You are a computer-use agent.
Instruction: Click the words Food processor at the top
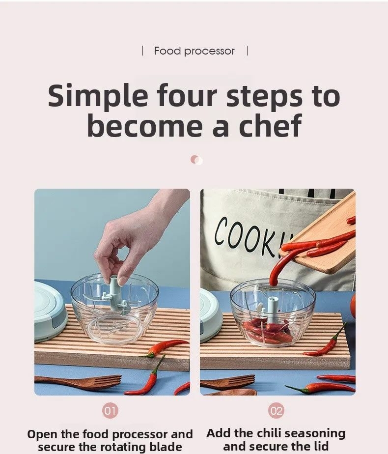pyautogui.click(x=194, y=51)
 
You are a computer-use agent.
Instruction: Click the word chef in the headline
pyautogui.click(x=270, y=126)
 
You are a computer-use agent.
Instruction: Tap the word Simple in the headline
pyautogui.click(x=98, y=95)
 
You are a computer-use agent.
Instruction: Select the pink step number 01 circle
pyautogui.click(x=110, y=410)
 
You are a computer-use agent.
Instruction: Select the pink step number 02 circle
pyautogui.click(x=276, y=410)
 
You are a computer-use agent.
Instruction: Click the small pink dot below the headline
pyautogui.click(x=196, y=160)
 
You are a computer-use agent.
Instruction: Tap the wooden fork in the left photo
pyautogui.click(x=78, y=382)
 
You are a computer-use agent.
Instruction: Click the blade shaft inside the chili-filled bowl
pyautogui.click(x=273, y=311)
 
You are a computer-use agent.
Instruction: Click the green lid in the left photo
pyautogui.click(x=49, y=310)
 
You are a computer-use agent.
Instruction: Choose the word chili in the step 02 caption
pyautogui.click(x=269, y=433)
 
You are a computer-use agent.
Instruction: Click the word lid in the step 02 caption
pyautogui.click(x=321, y=446)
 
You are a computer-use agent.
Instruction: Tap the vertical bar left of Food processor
pyautogui.click(x=142, y=51)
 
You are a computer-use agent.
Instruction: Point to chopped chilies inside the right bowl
pyautogui.click(x=268, y=333)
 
